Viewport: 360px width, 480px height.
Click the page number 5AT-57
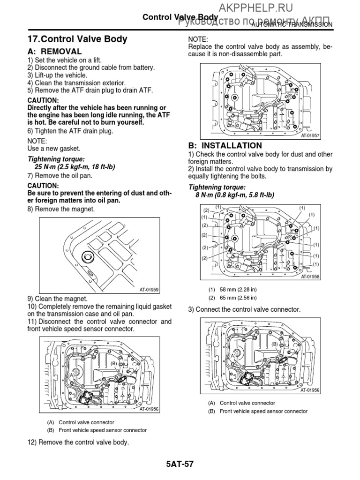(180, 465)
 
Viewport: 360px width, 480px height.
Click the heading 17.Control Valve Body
(77, 39)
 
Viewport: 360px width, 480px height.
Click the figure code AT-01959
(149, 290)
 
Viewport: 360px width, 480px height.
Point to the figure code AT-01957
(310, 135)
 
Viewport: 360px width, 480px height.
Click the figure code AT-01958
(310, 277)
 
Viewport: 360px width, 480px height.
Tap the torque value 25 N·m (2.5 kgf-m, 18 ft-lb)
(75, 167)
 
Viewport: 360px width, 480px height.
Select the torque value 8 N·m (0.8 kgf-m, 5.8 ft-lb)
(235, 195)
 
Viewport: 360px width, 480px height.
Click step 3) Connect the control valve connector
(244, 309)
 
